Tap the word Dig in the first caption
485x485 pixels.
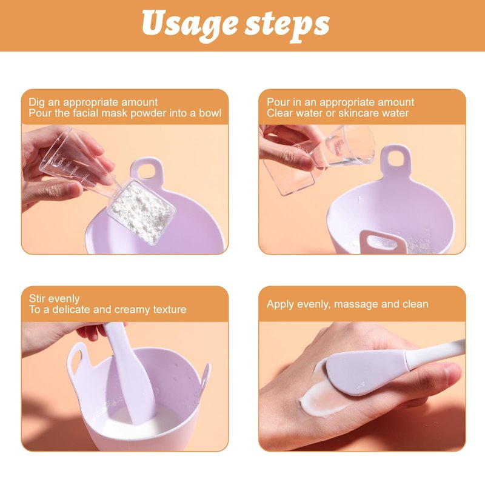click(x=37, y=102)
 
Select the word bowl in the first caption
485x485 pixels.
click(x=210, y=113)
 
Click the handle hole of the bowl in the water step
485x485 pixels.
click(x=396, y=160)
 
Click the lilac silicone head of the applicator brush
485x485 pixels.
click(x=365, y=373)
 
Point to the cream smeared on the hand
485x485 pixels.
click(x=319, y=396)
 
